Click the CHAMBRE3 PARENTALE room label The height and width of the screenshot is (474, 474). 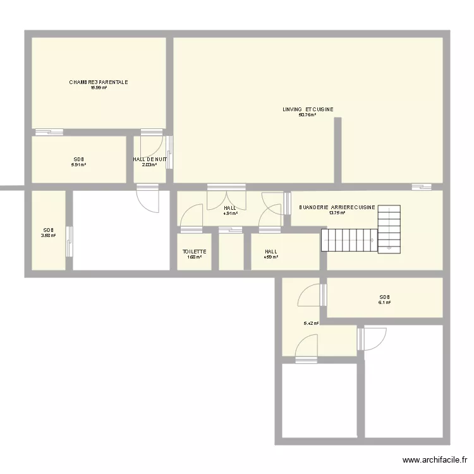coord(99,82)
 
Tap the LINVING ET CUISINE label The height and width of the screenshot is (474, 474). coord(308,109)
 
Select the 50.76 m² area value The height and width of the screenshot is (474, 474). coord(307,115)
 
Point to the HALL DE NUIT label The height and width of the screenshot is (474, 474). coord(150,160)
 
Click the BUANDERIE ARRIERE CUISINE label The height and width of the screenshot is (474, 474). coord(337,207)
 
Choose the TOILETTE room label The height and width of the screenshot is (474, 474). coord(195,252)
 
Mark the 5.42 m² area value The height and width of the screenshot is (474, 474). coord(311,324)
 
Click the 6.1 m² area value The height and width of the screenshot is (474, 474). coord(384,303)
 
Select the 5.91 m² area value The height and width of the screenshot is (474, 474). coord(78,165)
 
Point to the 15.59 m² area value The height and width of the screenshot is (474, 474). coord(99,88)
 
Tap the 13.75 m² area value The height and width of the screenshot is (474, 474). coord(337,213)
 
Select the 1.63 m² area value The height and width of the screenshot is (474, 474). coord(195,257)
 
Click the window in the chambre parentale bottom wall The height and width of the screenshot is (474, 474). coord(49,132)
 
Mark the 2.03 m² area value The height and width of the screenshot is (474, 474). coord(150,166)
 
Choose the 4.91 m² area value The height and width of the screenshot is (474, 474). coord(230,214)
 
